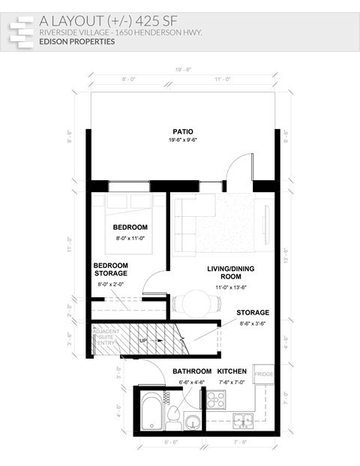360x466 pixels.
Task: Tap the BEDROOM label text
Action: (x=130, y=227)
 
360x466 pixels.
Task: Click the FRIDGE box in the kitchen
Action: (x=263, y=374)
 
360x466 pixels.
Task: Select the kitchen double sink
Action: (x=241, y=419)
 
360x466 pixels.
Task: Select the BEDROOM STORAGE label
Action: (x=111, y=269)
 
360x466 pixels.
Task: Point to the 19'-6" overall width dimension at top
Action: (x=182, y=69)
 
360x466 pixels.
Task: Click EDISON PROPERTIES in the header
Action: (x=77, y=42)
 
